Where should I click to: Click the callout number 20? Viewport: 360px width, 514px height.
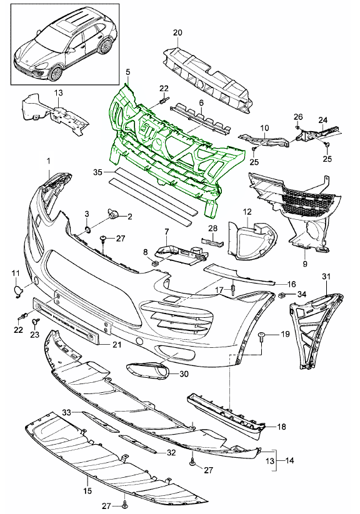point(177,32)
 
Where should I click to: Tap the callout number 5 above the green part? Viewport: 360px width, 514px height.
point(127,72)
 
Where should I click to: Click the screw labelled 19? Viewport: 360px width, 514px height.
point(262,337)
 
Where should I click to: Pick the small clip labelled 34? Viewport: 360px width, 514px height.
point(282,294)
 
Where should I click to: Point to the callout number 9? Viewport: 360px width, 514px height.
point(304,264)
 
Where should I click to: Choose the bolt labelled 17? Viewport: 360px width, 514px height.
point(232,289)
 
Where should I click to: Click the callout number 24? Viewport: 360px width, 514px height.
point(323,121)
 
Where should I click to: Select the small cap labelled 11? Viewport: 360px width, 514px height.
point(18,290)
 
